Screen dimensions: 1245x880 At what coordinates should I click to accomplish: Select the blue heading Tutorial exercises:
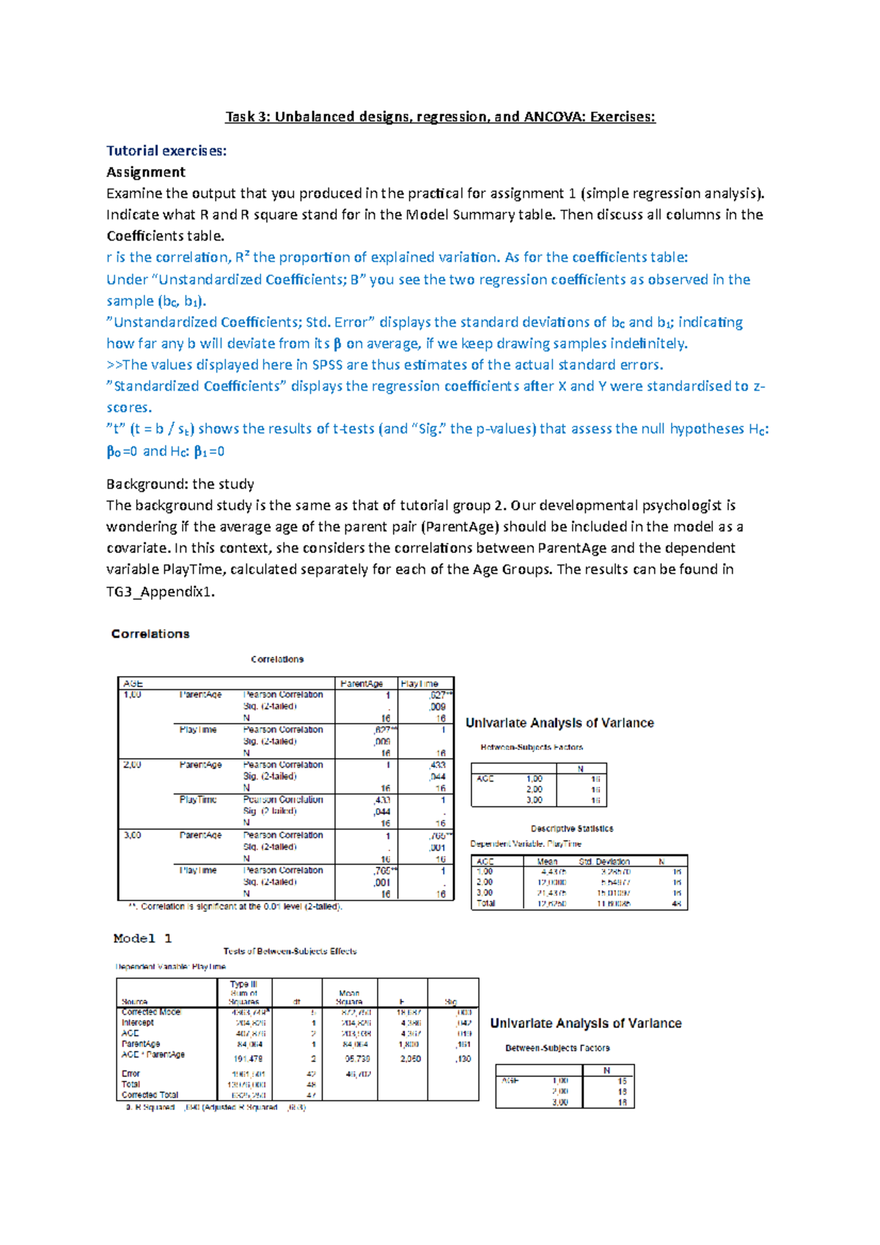pos(166,151)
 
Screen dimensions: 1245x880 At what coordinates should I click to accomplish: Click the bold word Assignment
pos(146,172)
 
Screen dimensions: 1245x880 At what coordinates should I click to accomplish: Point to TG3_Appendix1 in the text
pos(161,592)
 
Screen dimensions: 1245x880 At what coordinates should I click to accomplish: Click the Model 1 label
pos(143,939)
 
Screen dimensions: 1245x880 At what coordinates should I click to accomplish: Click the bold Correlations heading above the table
pos(150,634)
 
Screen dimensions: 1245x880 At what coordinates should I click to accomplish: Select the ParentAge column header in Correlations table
pos(362,683)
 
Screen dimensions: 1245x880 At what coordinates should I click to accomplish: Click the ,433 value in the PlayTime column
pos(437,765)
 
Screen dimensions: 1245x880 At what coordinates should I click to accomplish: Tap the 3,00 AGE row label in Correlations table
pos(133,835)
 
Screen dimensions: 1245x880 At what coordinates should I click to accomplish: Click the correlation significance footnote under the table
pos(235,907)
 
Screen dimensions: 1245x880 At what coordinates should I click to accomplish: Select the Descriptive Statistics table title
pos(572,829)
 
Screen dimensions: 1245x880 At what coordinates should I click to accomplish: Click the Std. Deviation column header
pos(604,862)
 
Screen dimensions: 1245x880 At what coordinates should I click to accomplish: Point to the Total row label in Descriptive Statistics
pos(485,903)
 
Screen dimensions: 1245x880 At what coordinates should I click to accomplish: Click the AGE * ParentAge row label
pos(153,1054)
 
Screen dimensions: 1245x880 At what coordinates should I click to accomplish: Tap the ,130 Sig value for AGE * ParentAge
pos(463,1059)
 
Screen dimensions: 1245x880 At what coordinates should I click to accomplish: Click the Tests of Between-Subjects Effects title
pos(290,951)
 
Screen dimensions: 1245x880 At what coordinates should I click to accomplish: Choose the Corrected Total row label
pos(150,1095)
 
